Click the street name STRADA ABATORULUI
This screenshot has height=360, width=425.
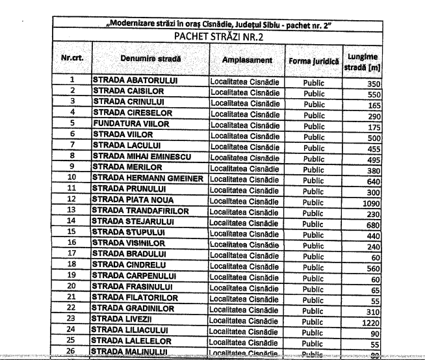(x=136, y=81)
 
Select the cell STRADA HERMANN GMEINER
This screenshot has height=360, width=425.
(x=149, y=178)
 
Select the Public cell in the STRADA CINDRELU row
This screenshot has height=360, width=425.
(x=314, y=267)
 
